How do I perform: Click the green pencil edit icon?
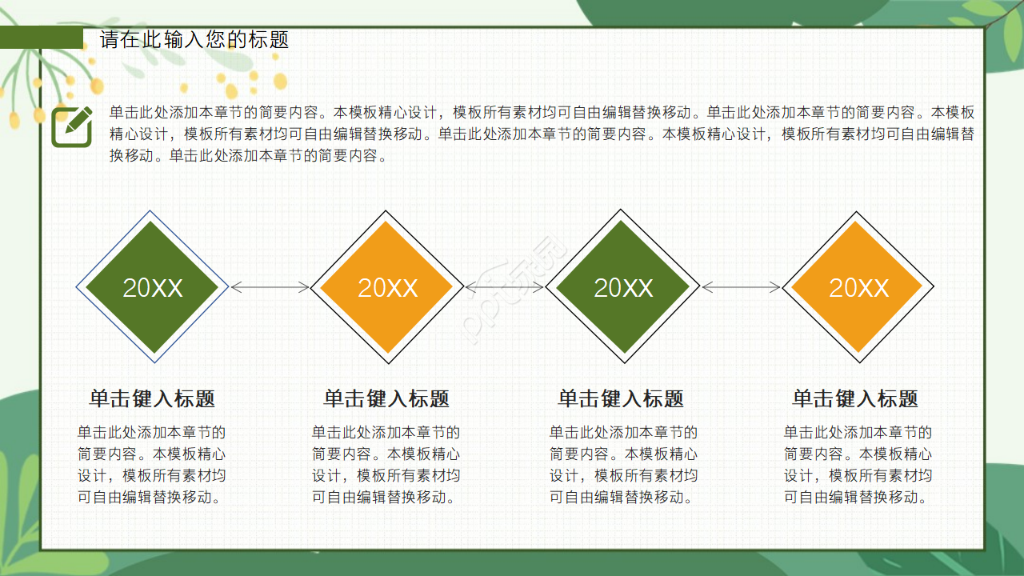72,126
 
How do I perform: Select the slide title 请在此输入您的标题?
194,39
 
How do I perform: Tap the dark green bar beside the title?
42,38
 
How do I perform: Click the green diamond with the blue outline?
152,287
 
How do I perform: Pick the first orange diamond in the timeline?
387,287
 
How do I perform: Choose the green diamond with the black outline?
622,287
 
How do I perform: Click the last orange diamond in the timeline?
858,287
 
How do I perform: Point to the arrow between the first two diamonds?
270,287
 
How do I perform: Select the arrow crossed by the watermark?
505,287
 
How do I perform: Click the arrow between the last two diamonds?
741,287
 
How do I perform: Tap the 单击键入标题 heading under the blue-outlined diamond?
152,398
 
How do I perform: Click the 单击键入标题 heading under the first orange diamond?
386,398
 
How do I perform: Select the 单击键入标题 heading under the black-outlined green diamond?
621,398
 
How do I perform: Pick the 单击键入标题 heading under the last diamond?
855,398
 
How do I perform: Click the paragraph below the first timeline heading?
152,465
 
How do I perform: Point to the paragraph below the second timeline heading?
386,465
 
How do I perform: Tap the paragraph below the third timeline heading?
623,465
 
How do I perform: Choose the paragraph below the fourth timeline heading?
858,465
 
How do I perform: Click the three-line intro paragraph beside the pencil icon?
542,134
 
